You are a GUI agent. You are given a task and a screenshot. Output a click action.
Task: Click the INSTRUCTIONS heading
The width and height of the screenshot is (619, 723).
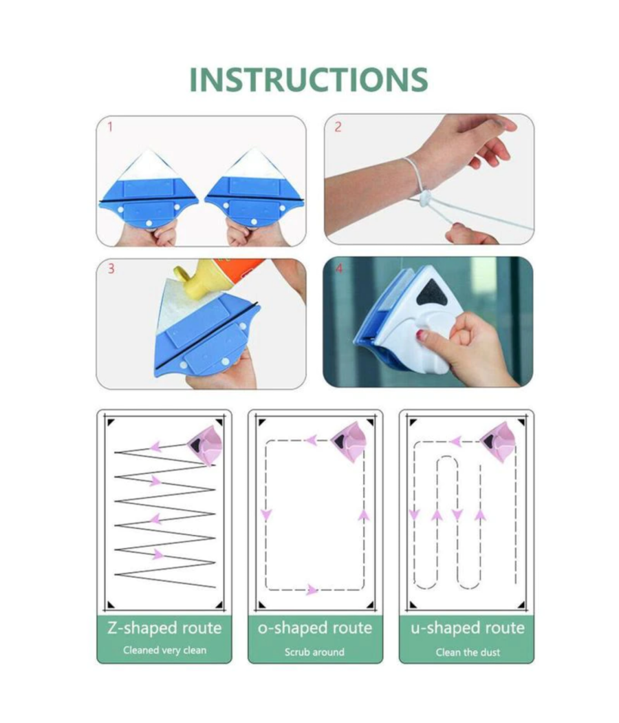(x=309, y=80)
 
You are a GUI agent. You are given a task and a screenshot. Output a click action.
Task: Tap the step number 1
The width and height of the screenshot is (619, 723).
(x=110, y=126)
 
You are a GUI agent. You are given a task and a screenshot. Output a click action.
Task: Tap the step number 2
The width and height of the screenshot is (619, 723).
(x=338, y=127)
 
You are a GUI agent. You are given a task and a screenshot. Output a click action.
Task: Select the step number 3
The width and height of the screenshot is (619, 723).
(x=111, y=269)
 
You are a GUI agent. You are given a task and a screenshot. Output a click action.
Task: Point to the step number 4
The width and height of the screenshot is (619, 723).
(x=340, y=269)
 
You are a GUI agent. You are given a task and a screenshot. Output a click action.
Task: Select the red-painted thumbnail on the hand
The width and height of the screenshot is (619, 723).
(x=422, y=335)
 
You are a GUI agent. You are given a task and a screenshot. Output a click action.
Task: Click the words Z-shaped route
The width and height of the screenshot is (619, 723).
(x=164, y=629)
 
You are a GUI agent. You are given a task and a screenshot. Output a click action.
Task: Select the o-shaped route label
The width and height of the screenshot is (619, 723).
(x=315, y=629)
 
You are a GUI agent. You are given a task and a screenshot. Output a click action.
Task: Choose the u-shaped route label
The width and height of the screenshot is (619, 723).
(x=468, y=629)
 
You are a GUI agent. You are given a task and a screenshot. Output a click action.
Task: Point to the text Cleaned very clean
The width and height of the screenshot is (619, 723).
(x=164, y=651)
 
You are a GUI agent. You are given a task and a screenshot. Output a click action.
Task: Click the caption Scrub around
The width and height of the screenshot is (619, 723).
(x=314, y=652)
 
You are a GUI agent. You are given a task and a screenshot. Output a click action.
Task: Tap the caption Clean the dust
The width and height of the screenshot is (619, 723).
(x=468, y=652)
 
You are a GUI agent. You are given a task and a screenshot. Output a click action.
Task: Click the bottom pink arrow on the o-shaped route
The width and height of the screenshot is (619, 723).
(x=312, y=590)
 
